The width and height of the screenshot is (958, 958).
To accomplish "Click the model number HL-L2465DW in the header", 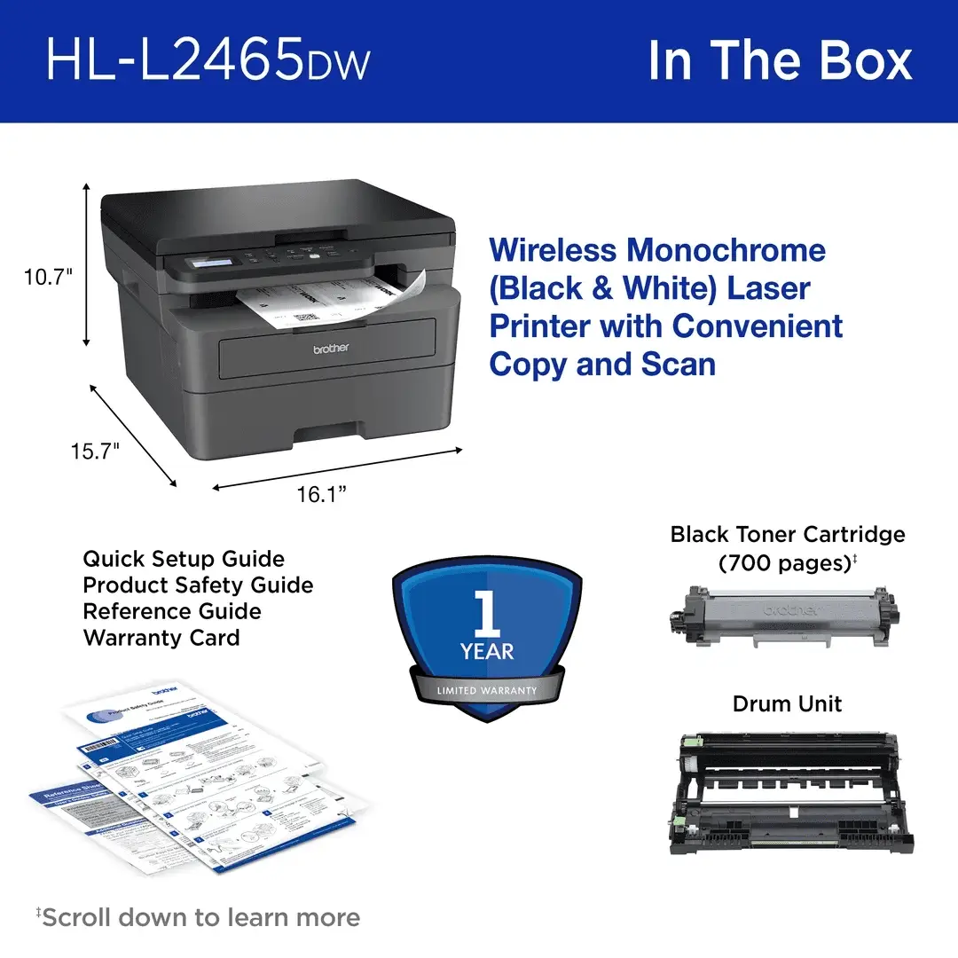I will [208, 60].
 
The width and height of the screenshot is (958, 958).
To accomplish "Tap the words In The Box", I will [780, 60].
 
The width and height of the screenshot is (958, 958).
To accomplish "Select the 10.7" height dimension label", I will [47, 277].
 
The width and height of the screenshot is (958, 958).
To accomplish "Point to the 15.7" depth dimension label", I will [95, 452].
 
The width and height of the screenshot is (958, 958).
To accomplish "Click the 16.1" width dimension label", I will [320, 494].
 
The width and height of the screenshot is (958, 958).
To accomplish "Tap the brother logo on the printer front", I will [330, 349].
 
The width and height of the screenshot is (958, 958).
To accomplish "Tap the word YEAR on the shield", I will [486, 652].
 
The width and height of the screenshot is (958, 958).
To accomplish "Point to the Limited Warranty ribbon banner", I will [486, 690].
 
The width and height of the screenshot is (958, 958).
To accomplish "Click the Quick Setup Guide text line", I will [184, 559].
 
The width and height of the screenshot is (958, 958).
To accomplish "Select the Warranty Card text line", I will [161, 638].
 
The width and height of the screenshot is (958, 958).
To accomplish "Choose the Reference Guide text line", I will [172, 611].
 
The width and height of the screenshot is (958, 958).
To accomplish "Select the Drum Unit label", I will [787, 703].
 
